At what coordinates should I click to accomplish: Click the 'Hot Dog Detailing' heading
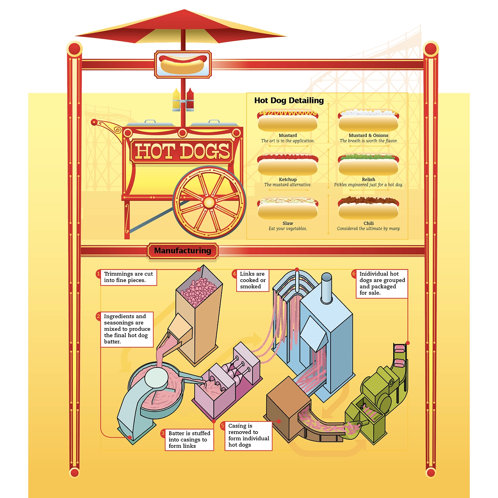[x=289, y=101]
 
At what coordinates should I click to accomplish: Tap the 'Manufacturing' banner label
[x=182, y=251]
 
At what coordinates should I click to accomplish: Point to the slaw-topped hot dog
[x=287, y=208]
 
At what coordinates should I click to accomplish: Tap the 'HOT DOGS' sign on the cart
[x=182, y=151]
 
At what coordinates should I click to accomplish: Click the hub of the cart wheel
[x=209, y=202]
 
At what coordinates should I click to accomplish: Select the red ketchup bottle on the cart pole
[x=190, y=100]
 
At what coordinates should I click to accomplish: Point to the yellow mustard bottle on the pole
[x=176, y=100]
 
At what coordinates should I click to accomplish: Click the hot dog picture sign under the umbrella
[x=183, y=64]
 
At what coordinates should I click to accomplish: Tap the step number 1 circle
[x=99, y=274]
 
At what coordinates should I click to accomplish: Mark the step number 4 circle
[x=234, y=274]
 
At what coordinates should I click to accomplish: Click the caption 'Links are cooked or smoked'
[x=253, y=280]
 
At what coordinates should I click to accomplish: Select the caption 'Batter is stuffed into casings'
[x=189, y=440]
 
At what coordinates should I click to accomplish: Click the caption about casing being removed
[x=248, y=435]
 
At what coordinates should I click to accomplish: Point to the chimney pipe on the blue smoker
[x=327, y=286]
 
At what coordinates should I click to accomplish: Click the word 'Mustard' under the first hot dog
[x=288, y=136]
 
